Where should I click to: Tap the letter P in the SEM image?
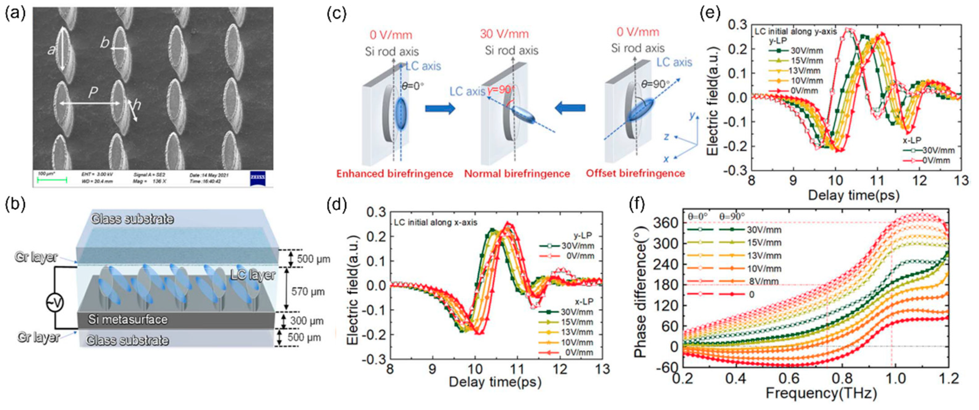coord(93,92)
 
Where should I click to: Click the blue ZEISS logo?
coord(258,179)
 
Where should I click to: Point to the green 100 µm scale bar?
coord(52,180)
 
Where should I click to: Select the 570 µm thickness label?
coord(308,291)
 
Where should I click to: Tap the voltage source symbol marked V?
coord(55,302)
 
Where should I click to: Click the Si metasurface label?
coord(128,319)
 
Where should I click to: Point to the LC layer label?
coord(253,275)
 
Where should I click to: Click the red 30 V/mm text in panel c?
coord(504,34)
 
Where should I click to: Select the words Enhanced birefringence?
coord(395,174)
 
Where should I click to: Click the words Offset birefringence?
coord(635,174)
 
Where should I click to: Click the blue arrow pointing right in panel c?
coord(440,109)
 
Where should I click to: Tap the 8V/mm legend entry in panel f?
coord(764,282)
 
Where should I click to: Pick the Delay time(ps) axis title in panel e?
coord(854,195)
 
